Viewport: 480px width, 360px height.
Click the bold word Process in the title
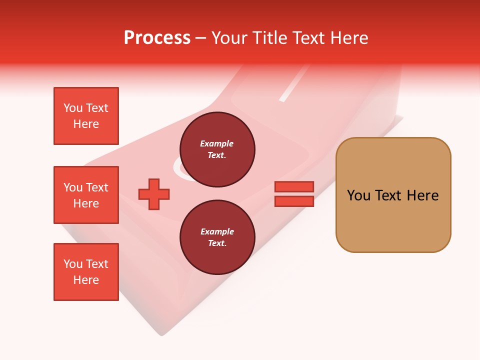click(157, 38)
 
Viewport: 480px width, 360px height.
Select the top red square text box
click(86, 116)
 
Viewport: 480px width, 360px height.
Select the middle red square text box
click(86, 195)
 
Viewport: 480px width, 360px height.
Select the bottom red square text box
click(86, 272)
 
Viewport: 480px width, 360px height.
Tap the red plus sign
click(154, 194)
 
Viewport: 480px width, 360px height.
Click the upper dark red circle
click(217, 149)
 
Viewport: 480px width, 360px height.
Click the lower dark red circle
click(217, 237)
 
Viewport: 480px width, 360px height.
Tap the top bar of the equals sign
click(294, 186)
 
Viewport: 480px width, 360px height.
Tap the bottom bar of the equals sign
click(294, 201)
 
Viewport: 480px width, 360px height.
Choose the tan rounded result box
click(393, 195)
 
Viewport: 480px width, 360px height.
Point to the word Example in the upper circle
click(217, 143)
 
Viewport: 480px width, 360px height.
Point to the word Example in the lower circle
click(217, 231)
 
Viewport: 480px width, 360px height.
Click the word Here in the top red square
click(86, 124)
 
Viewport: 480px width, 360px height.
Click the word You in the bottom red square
click(73, 264)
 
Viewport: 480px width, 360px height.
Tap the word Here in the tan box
click(422, 195)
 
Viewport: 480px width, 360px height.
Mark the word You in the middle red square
click(73, 187)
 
